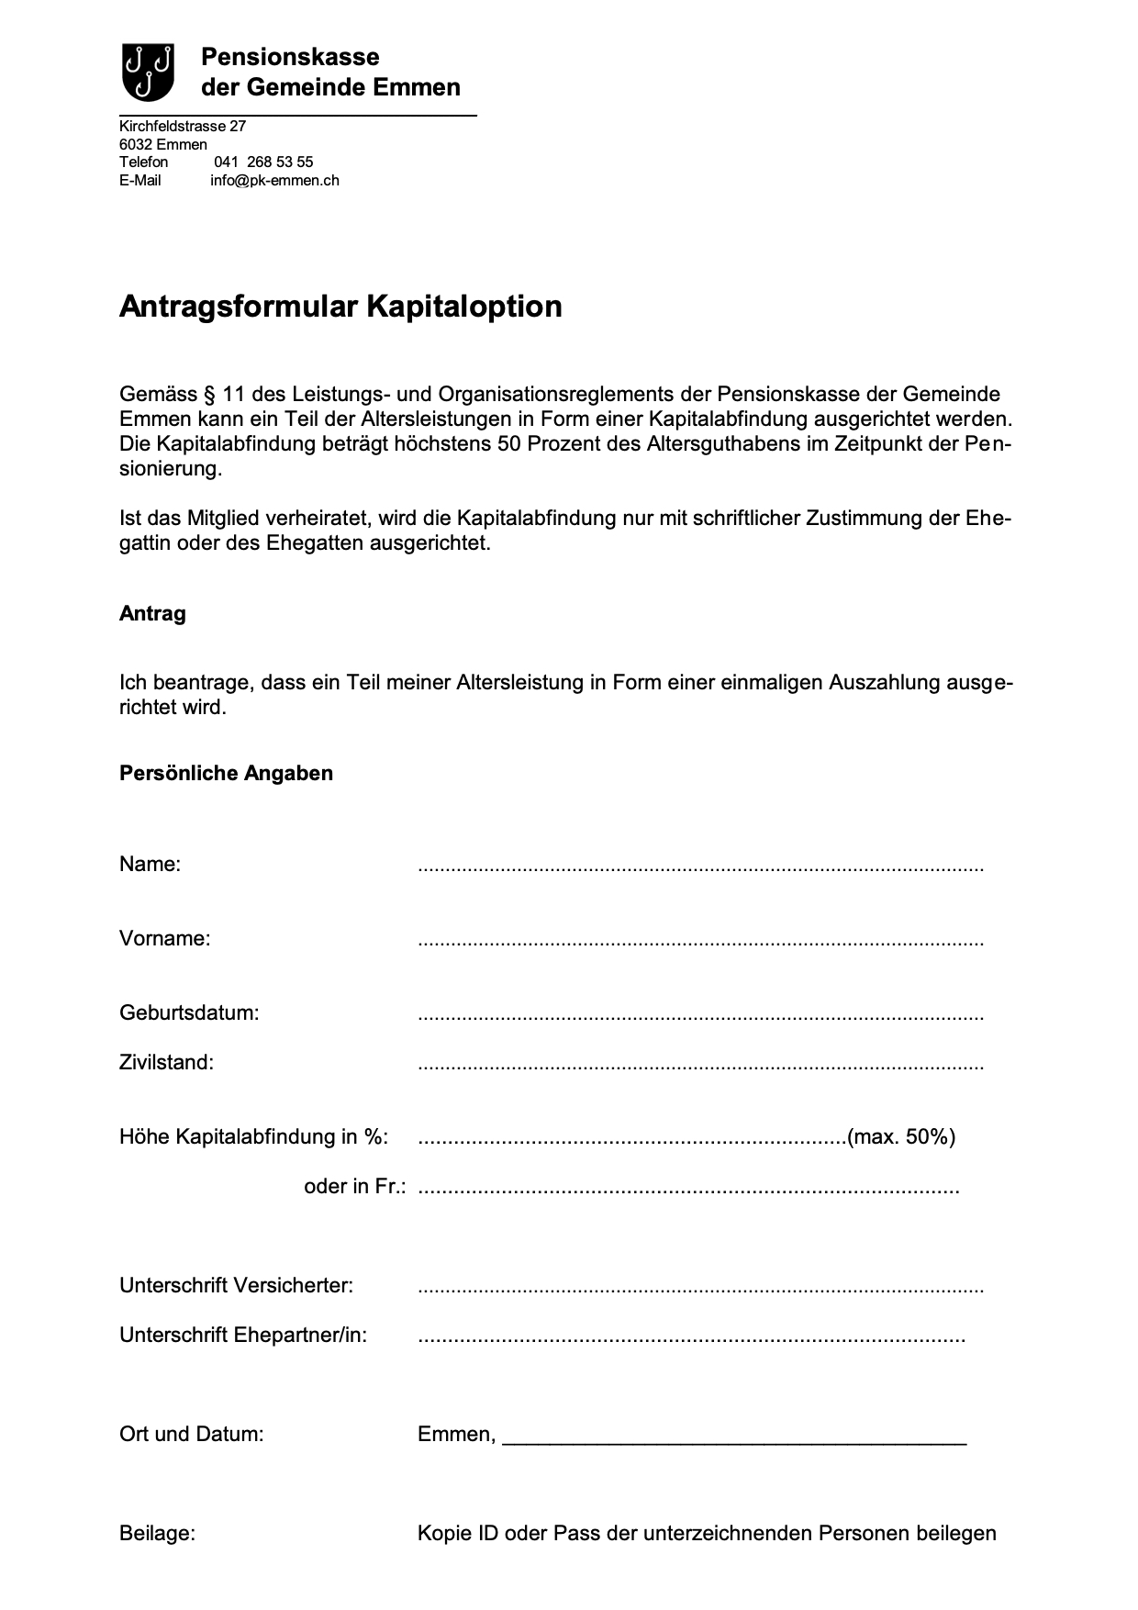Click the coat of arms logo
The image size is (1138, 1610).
pyautogui.click(x=148, y=72)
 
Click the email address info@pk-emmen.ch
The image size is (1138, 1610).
pyautogui.click(x=274, y=181)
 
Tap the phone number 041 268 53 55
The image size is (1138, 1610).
pyautogui.click(x=263, y=162)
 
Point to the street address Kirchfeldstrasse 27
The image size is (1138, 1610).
pyautogui.click(x=183, y=126)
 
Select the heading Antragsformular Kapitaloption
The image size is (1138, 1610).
pyautogui.click(x=340, y=306)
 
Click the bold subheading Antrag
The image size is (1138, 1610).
pyautogui.click(x=152, y=614)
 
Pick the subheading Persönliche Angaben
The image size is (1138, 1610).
pyautogui.click(x=226, y=773)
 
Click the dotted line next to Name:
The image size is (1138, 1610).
pyautogui.click(x=700, y=866)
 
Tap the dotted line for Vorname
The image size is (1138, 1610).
pyautogui.click(x=700, y=941)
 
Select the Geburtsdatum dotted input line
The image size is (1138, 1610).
pyautogui.click(x=700, y=1015)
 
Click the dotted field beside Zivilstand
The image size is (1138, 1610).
pyautogui.click(x=700, y=1065)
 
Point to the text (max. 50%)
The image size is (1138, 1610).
pyautogui.click(x=901, y=1137)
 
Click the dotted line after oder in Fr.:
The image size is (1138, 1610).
pyautogui.click(x=688, y=1189)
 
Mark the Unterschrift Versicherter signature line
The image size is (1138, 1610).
pyautogui.click(x=700, y=1288)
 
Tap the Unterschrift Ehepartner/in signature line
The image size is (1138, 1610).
pyautogui.click(x=691, y=1337)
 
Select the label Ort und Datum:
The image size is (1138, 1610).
pyautogui.click(x=191, y=1435)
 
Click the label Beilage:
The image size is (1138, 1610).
pyautogui.click(x=157, y=1534)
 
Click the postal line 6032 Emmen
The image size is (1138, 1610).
pyautogui.click(x=163, y=144)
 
